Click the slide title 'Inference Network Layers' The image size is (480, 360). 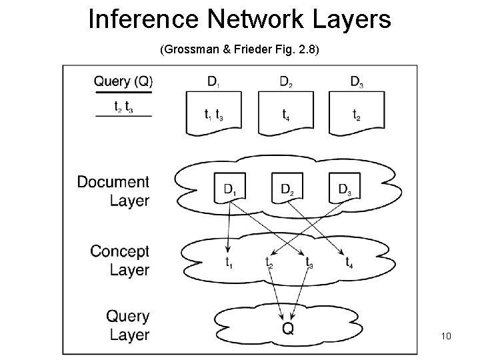click(239, 20)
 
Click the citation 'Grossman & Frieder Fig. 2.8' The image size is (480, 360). click(240, 49)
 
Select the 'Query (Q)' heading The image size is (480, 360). click(123, 82)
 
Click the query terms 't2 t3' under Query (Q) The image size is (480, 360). click(123, 106)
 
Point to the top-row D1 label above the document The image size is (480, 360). click(213, 83)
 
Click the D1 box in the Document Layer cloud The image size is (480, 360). click(229, 188)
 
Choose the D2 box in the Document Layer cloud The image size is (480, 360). click(287, 188)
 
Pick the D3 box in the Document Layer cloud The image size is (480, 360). click(345, 188)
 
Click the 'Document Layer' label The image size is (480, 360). click(113, 191)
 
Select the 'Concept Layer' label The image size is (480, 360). click(120, 261)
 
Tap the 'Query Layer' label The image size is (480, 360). click(127, 325)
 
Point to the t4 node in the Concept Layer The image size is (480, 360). click(349, 262)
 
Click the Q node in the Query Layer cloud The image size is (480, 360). click(287, 327)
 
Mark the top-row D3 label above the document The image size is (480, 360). click(357, 83)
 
